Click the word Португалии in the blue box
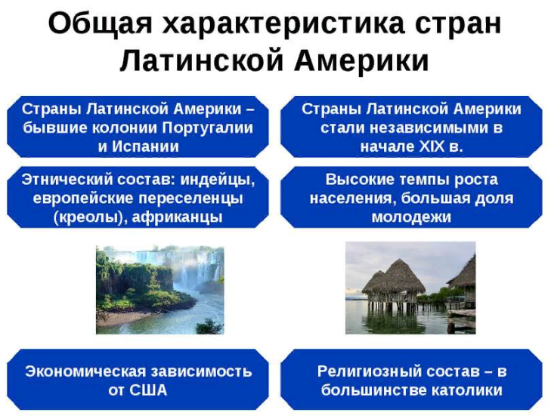tap(207, 128)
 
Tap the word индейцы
tap(218, 180)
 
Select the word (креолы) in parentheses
tap(91, 217)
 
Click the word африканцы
tap(178, 217)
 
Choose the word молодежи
tap(411, 217)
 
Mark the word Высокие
tap(355, 180)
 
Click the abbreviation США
tap(148, 390)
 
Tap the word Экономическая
tap(85, 371)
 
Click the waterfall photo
tap(160, 290)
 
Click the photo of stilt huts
tap(410, 288)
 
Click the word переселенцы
tap(190, 199)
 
